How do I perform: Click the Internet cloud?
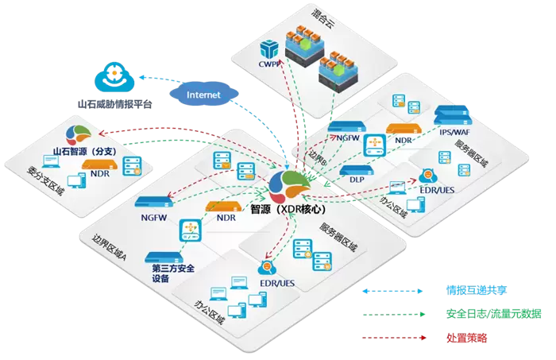click(204, 94)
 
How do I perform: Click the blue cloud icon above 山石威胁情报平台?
click(116, 78)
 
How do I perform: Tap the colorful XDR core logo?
click(285, 185)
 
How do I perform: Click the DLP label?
click(357, 180)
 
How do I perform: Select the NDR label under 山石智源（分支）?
click(99, 173)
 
